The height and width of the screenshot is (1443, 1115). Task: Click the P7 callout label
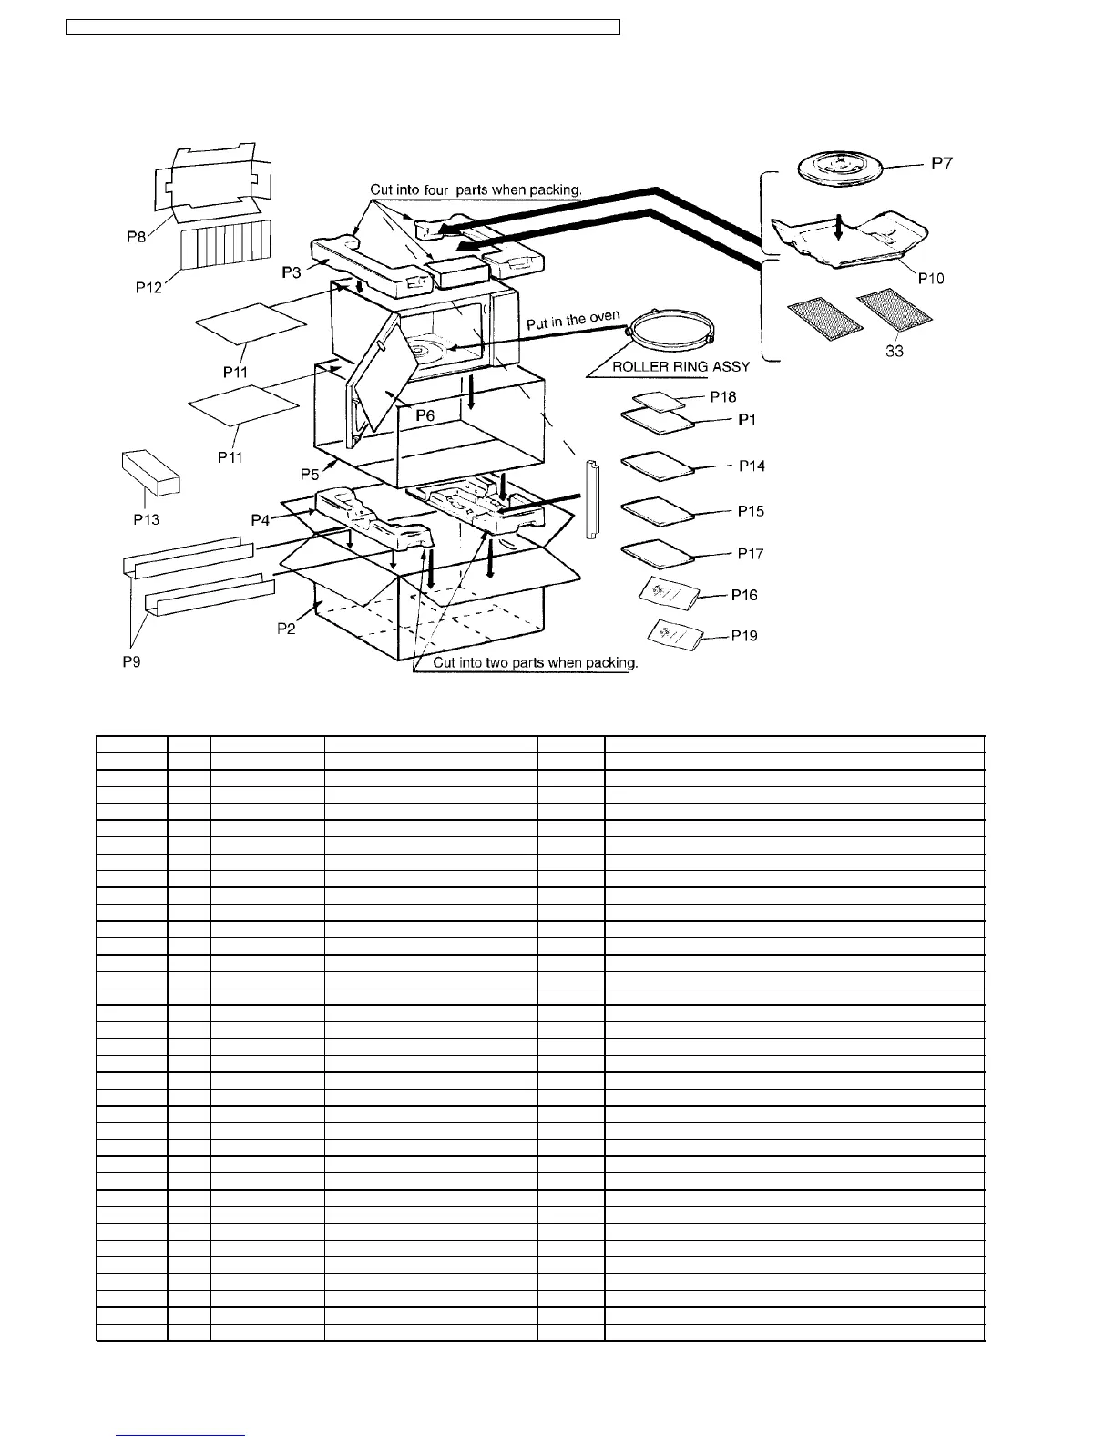(x=943, y=164)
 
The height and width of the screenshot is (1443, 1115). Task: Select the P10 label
(x=930, y=278)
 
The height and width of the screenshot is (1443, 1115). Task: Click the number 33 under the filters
(x=895, y=350)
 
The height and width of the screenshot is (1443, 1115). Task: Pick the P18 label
(x=722, y=397)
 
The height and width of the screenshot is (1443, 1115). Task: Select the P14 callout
(x=752, y=466)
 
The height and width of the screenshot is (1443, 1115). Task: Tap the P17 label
(x=751, y=553)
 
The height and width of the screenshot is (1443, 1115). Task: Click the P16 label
(x=744, y=595)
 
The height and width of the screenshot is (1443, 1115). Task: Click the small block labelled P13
(x=150, y=472)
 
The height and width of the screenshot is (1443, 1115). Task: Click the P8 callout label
(x=137, y=236)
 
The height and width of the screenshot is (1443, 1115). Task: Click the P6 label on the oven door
(x=425, y=415)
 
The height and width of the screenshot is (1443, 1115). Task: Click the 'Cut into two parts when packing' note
(x=535, y=662)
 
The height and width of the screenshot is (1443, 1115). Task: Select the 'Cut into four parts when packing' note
(x=476, y=190)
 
